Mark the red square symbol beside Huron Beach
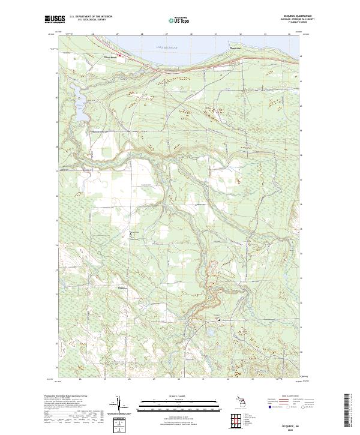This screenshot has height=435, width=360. pos(119,57)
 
